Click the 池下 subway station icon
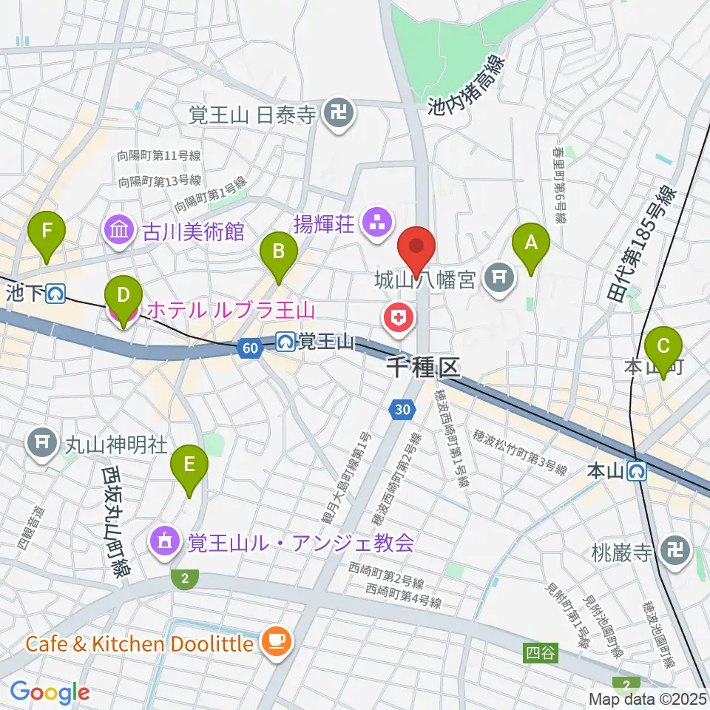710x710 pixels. point(54,294)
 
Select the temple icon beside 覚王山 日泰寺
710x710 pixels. point(339,114)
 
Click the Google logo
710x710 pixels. point(50,693)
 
